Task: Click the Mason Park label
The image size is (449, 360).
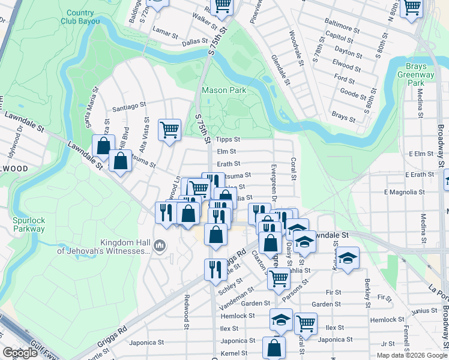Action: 224,90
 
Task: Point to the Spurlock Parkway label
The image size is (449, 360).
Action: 29,224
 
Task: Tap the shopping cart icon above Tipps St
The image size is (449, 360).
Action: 170,129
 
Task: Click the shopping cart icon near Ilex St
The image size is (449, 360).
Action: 306,323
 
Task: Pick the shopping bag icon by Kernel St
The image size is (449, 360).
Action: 274,347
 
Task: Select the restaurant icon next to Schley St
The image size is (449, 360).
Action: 215,269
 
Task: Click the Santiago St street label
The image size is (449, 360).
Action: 130,106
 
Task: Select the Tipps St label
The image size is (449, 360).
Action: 228,139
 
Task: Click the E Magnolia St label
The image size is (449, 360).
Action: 405,193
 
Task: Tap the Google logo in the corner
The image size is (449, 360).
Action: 20,353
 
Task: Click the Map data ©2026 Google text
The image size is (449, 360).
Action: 411,355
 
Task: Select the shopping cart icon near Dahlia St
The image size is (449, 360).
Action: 279,278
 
